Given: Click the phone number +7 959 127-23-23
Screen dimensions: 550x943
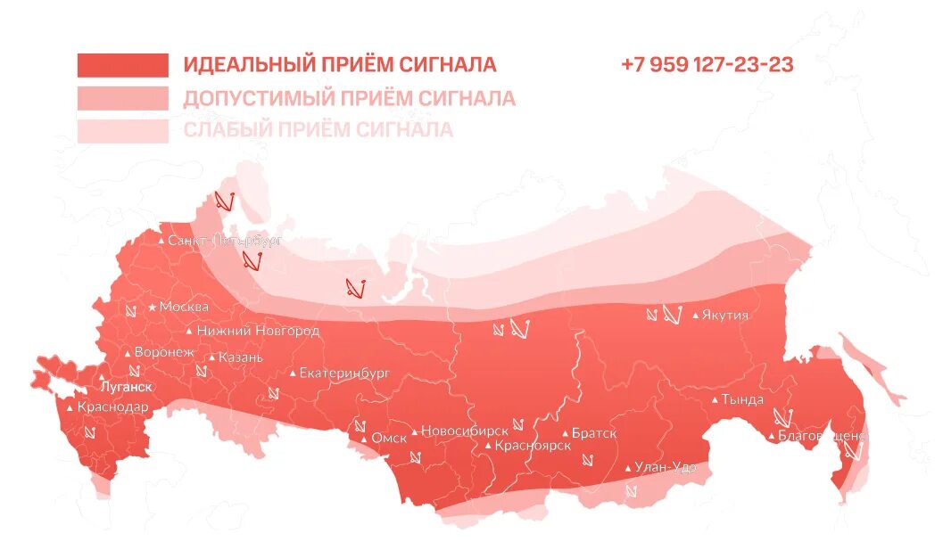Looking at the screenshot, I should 707,65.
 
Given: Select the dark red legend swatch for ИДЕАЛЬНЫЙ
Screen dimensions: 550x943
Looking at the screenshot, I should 122,65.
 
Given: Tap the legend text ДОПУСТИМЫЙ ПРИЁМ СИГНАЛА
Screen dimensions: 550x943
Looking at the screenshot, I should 349,98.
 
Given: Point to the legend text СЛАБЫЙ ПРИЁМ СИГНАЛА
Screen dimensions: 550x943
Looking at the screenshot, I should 318,130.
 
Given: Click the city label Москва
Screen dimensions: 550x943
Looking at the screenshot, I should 184,307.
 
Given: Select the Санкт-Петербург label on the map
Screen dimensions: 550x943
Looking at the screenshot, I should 225,241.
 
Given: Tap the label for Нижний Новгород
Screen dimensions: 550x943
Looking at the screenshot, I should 258,331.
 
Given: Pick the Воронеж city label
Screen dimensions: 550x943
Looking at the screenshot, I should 163,352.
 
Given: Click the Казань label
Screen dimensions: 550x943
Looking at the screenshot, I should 241,357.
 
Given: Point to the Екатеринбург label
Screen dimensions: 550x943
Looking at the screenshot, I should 344,373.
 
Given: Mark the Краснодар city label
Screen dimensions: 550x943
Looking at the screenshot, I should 112,407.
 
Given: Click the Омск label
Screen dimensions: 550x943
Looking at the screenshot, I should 389,438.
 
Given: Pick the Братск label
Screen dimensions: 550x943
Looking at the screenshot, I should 593,433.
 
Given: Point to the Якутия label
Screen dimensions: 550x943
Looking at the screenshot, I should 724,315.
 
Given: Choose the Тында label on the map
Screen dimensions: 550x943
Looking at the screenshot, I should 742,399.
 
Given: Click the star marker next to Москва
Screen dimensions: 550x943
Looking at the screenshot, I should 153,307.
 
